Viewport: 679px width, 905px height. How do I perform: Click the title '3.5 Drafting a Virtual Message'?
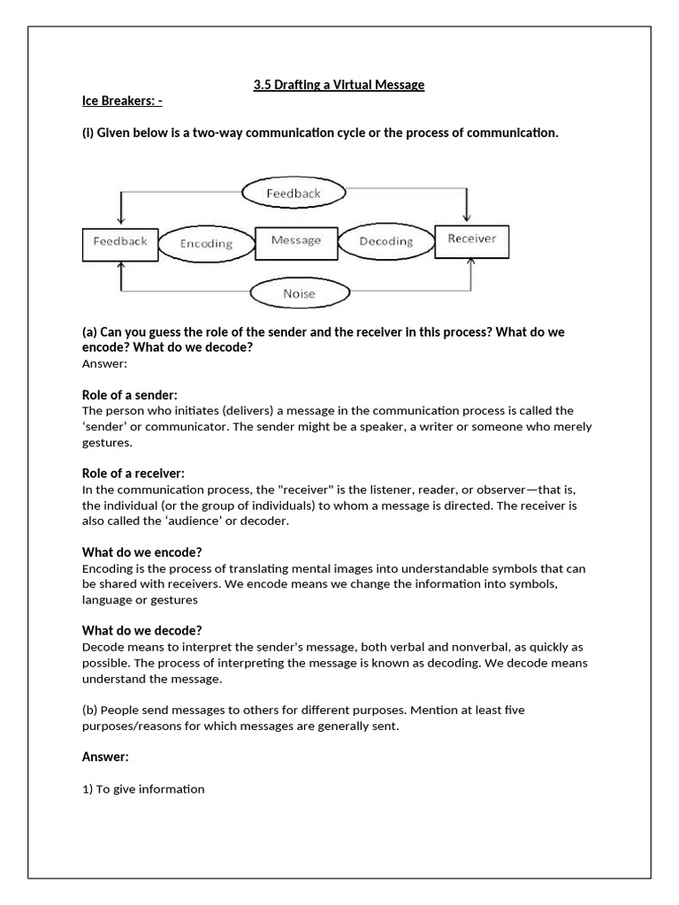(x=339, y=85)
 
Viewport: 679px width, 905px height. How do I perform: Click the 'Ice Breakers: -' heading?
(x=122, y=102)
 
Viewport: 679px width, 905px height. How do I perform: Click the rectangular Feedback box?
(x=120, y=242)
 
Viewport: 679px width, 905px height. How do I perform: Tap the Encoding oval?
(x=206, y=244)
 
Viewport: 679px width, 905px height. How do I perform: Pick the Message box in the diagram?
(x=296, y=241)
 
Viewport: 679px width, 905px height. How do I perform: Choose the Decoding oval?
(x=386, y=241)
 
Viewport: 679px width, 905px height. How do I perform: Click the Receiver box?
(x=471, y=240)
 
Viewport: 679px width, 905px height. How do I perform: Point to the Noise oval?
(x=298, y=293)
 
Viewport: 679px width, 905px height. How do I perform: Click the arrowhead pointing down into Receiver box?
(x=468, y=216)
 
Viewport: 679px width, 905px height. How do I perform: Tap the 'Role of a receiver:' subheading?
(x=134, y=474)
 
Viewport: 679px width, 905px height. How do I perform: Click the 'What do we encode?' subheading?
(x=142, y=552)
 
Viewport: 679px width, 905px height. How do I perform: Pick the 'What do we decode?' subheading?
(x=142, y=630)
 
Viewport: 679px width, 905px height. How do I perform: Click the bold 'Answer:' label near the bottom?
(x=105, y=757)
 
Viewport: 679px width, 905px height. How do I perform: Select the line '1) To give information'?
(x=143, y=788)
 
